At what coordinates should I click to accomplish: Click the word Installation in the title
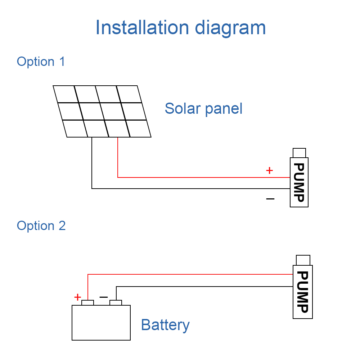[142, 27]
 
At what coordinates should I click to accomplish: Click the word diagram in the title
[230, 28]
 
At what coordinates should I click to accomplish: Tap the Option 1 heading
[41, 62]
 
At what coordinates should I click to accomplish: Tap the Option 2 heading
[41, 226]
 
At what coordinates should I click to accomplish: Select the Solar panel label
[203, 109]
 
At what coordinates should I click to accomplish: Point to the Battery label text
[165, 325]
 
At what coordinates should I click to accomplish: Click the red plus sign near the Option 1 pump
[269, 170]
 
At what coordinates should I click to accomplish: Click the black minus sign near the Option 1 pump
[270, 199]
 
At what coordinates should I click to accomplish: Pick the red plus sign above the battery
[78, 297]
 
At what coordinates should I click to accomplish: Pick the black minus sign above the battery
[104, 297]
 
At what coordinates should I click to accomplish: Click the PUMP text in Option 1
[299, 183]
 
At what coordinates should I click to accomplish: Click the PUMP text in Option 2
[303, 292]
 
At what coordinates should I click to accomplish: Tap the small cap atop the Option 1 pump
[299, 153]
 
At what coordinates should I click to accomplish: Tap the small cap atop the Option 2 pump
[303, 260]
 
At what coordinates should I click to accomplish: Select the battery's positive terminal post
[88, 303]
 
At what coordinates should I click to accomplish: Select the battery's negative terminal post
[116, 303]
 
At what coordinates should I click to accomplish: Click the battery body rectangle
[101, 323]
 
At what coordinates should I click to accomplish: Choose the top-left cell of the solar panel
[66, 94]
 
